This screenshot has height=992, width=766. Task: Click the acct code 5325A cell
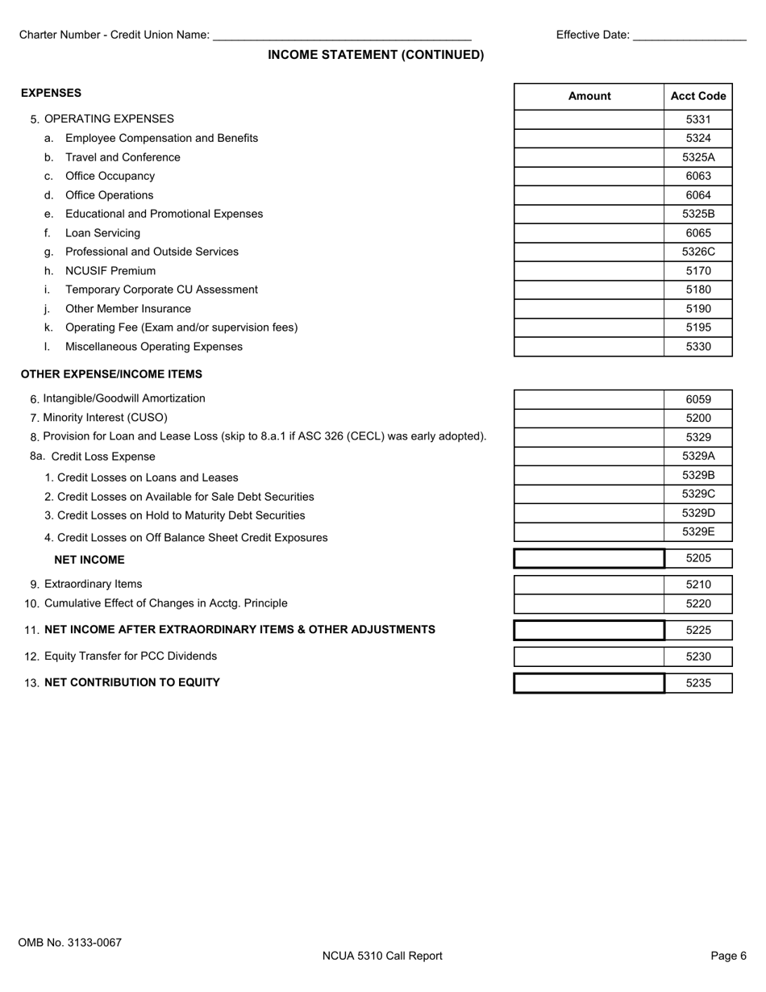698,157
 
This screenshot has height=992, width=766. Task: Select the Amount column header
589,96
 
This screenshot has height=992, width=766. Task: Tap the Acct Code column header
698,96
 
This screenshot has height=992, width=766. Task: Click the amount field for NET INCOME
589,558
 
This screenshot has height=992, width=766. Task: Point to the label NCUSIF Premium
110,271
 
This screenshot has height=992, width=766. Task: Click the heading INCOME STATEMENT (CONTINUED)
376,55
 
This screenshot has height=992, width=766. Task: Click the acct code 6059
698,399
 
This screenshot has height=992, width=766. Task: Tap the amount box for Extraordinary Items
589,585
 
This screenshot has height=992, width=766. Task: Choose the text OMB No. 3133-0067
70,942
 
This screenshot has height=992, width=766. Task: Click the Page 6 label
728,956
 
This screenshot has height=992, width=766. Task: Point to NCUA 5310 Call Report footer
382,956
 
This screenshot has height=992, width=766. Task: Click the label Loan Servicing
102,233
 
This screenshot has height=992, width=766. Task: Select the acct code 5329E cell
698,531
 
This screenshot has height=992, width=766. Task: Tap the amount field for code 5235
589,683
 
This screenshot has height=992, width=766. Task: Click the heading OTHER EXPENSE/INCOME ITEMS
111,374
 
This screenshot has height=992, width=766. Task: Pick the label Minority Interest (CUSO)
105,418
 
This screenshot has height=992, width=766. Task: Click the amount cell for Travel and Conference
589,157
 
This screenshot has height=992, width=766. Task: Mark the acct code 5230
698,656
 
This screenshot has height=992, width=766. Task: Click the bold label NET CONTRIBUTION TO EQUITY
132,682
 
